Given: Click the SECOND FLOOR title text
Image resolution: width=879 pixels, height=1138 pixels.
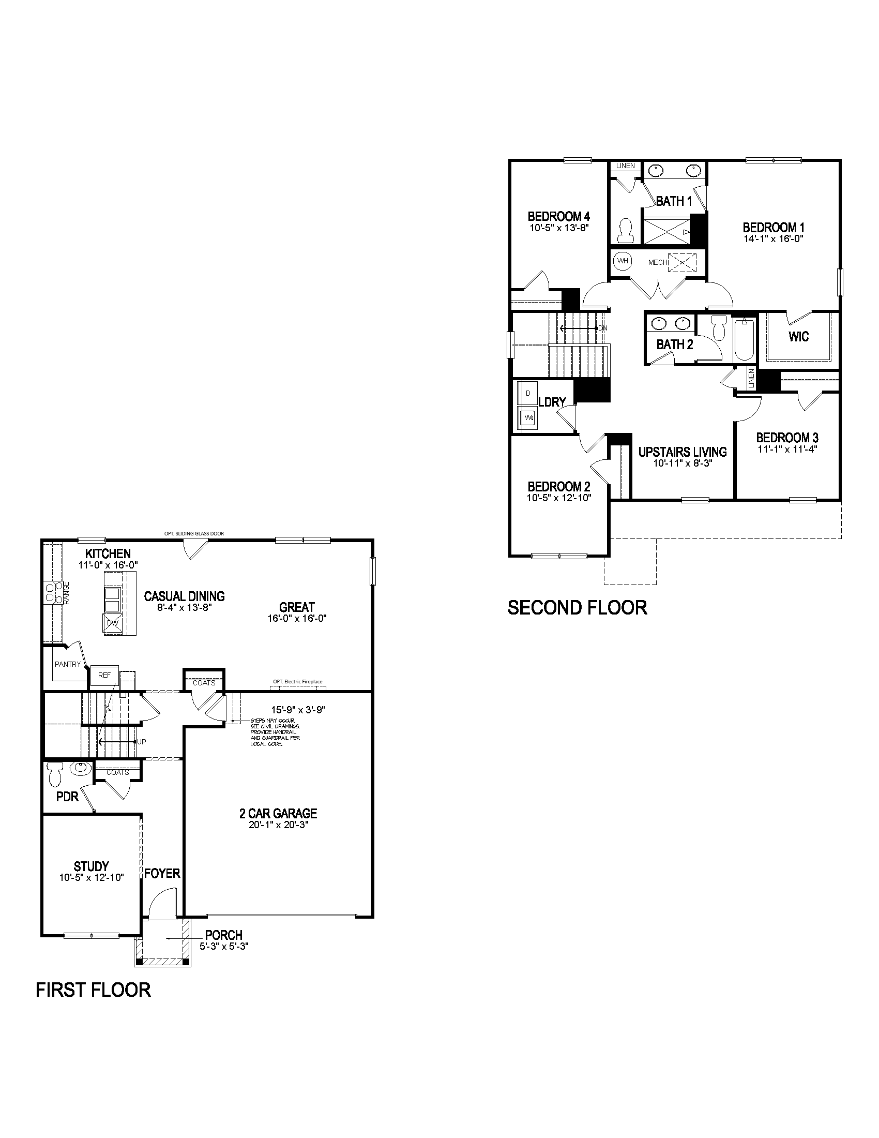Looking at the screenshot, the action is pyautogui.click(x=577, y=608).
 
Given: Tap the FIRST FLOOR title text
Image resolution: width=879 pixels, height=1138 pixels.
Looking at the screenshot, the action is pyautogui.click(x=93, y=990).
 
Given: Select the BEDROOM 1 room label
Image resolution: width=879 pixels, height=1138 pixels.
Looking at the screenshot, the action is pyautogui.click(x=774, y=228).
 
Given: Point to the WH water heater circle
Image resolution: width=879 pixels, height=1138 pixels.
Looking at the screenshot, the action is pyautogui.click(x=623, y=261).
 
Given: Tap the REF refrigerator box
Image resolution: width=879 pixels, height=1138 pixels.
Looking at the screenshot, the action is pyautogui.click(x=104, y=675).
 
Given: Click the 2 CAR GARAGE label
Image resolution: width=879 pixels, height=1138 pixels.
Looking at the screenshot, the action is pyautogui.click(x=278, y=813).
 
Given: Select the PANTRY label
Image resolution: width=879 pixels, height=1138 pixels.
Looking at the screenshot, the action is pyautogui.click(x=68, y=664).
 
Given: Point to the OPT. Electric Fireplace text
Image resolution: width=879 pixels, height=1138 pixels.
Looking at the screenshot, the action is pyautogui.click(x=297, y=682).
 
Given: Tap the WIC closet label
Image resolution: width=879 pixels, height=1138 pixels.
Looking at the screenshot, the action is pyautogui.click(x=798, y=337).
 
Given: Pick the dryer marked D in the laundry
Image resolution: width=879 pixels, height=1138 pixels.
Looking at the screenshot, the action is pyautogui.click(x=528, y=394).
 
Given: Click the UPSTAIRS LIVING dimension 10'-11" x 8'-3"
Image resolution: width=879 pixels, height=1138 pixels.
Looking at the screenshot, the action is pyautogui.click(x=682, y=463).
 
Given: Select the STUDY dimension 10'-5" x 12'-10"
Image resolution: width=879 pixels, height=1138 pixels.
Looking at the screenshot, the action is pyautogui.click(x=91, y=877).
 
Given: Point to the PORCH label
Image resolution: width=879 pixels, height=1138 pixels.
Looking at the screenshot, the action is pyautogui.click(x=223, y=935).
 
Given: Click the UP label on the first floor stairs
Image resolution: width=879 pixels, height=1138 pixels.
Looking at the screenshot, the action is pyautogui.click(x=141, y=741).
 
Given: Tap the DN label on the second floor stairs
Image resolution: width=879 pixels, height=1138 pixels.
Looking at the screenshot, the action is pyautogui.click(x=603, y=328).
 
